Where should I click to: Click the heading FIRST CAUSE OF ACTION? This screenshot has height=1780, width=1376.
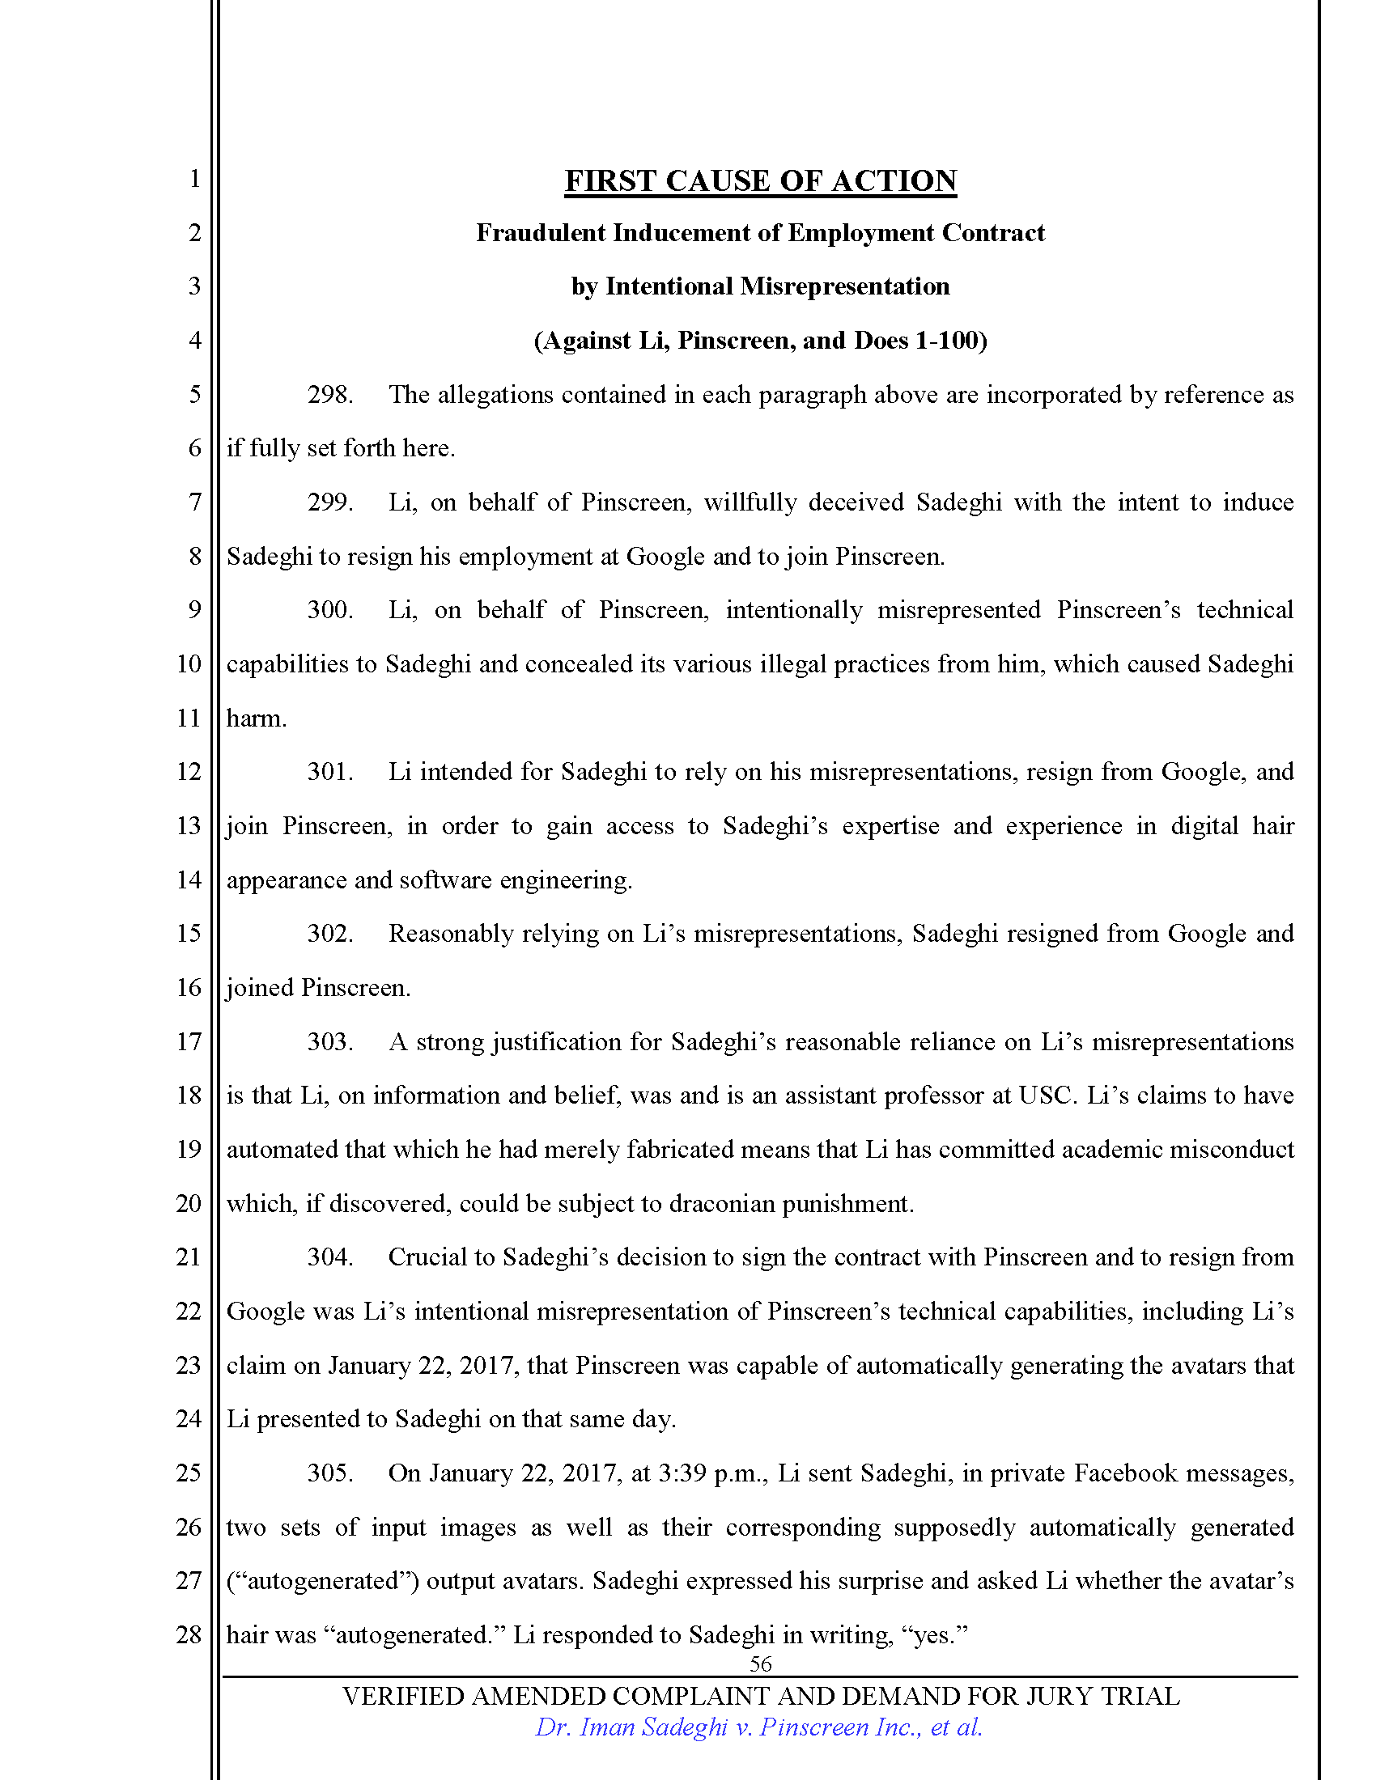coord(760,181)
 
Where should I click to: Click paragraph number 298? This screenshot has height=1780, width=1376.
coord(329,396)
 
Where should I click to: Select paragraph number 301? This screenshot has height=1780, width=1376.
coord(329,772)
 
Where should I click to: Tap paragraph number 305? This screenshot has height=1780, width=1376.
coord(329,1473)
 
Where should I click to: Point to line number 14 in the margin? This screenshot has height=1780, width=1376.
coord(189,880)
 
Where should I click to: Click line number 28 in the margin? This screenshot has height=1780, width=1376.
coord(189,1634)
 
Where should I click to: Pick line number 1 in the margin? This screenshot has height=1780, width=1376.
coord(194,179)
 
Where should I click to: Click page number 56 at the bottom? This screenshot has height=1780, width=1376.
coord(760,1663)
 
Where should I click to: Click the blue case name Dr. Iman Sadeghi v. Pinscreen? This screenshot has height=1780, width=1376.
coord(758,1727)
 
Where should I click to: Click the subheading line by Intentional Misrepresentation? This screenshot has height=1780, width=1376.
coord(760,287)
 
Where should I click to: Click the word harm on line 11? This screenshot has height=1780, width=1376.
coord(255,718)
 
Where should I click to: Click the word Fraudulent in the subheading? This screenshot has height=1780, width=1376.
coord(541,234)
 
